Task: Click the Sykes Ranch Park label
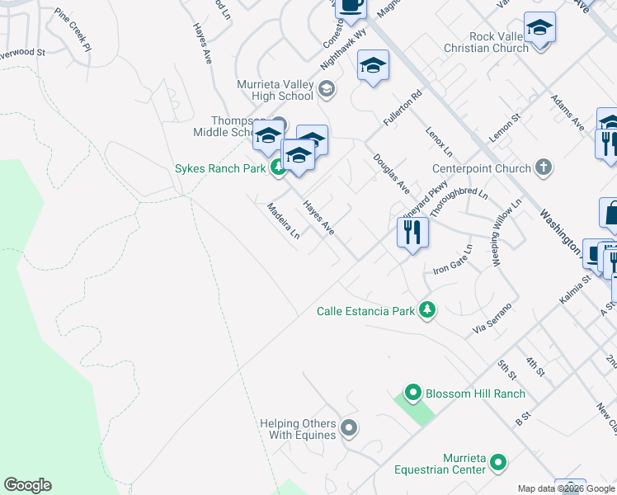[x=219, y=169]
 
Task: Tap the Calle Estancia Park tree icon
[x=427, y=311]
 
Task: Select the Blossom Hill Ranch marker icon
[x=412, y=394]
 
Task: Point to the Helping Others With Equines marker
[x=349, y=427]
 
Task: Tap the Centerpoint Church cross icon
[x=543, y=168]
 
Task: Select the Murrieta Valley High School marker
[x=327, y=90]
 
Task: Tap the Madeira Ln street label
[x=283, y=222]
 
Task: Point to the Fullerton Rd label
[x=403, y=108]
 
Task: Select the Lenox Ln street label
[x=439, y=142]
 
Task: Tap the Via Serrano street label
[x=492, y=318]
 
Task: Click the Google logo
[x=27, y=485]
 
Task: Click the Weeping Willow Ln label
[x=507, y=232]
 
